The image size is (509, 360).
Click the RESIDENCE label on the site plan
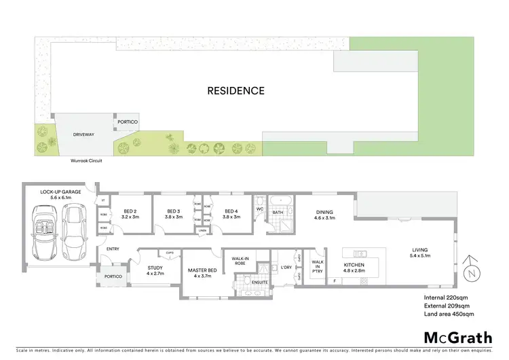tap(235, 90)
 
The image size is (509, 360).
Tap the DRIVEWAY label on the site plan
tap(83, 135)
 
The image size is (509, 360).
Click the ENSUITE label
tap(260, 282)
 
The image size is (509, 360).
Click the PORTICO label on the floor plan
tap(113, 276)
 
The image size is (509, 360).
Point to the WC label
tap(260, 209)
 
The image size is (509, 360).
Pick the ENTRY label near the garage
tap(113, 249)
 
